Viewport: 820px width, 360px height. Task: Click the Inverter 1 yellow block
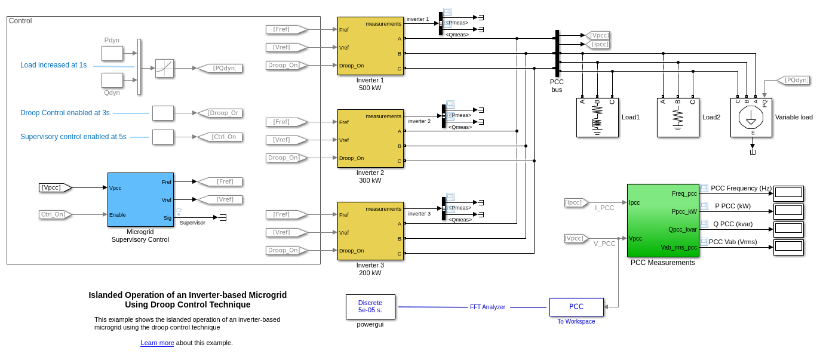[x=370, y=46]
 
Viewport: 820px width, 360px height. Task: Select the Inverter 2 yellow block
[x=370, y=139]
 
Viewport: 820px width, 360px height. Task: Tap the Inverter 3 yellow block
[x=370, y=231]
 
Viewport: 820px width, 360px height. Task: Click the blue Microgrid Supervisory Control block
[x=140, y=200]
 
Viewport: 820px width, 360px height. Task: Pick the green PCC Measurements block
[x=663, y=220]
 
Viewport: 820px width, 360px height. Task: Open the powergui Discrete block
[x=370, y=307]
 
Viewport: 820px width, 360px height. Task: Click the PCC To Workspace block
[x=576, y=307]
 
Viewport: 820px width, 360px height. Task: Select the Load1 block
[x=597, y=118]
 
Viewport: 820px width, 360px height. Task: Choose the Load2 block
[x=678, y=118]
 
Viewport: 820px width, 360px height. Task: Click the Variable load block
[x=751, y=118]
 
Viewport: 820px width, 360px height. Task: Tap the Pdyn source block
[x=112, y=54]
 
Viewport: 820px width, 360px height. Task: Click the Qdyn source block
[x=112, y=80]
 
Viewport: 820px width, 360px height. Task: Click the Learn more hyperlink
[x=157, y=343]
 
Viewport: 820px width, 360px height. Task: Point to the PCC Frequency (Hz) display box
[x=788, y=193]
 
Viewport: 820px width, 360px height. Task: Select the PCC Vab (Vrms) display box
[x=788, y=247]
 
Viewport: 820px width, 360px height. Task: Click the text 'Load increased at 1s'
[x=53, y=65]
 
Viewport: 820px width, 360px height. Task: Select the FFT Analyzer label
[x=487, y=307]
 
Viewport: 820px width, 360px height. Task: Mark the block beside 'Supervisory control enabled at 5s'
[x=163, y=137]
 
